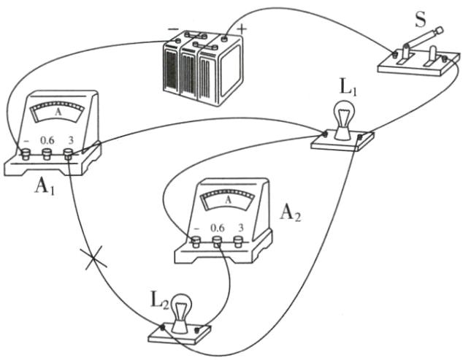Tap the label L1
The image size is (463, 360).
tap(347, 88)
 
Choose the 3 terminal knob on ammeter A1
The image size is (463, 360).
tap(69, 154)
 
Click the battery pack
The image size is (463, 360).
tap(202, 69)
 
